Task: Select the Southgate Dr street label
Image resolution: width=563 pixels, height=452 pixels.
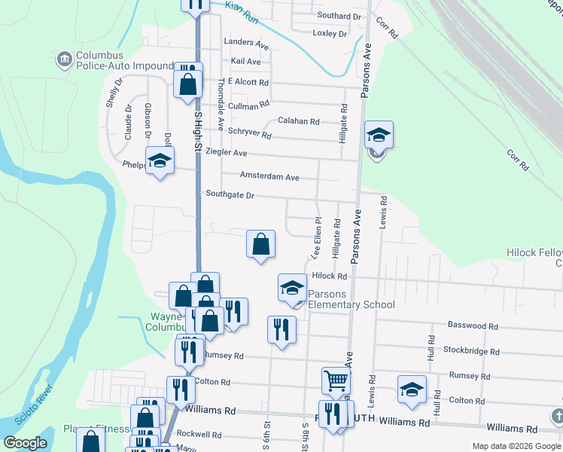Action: tap(230, 195)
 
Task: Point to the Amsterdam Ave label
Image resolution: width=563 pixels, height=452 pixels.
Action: tap(269, 177)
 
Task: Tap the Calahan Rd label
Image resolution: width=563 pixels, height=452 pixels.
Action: tap(299, 121)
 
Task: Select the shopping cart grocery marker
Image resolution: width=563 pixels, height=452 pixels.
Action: tap(336, 381)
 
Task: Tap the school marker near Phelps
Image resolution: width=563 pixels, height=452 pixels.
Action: tap(160, 161)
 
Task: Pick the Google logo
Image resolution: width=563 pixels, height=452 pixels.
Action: tap(25, 442)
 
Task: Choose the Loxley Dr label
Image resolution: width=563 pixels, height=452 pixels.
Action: tap(330, 34)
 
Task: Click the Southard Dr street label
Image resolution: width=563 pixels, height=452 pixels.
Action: tap(339, 16)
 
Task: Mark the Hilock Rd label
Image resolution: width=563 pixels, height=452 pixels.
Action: tap(329, 276)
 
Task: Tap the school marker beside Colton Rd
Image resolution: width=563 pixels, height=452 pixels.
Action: tap(412, 389)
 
